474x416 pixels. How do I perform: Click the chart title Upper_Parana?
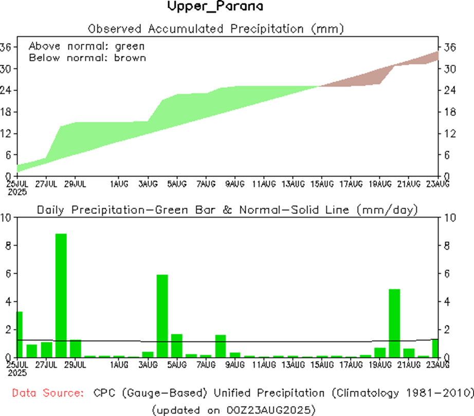pyautogui.click(x=215, y=7)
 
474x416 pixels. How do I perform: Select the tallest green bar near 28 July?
pyautogui.click(x=61, y=296)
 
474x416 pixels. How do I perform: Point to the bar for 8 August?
pyautogui.click(x=221, y=346)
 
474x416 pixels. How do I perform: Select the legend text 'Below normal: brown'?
pyautogui.click(x=87, y=58)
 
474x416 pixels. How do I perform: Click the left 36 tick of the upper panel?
pyautogui.click(x=6, y=47)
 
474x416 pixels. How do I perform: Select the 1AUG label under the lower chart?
pyautogui.click(x=119, y=365)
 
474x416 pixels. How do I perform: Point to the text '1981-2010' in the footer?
pyautogui.click(x=441, y=393)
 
